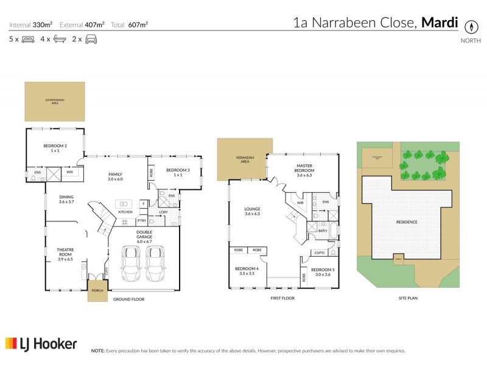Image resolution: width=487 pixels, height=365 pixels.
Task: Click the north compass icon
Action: pos(470,27)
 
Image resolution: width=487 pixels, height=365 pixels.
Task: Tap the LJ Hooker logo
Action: pos(41,344)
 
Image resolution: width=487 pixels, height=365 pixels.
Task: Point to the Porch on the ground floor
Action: pos(96,290)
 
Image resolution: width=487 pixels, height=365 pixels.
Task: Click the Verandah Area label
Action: pos(242,161)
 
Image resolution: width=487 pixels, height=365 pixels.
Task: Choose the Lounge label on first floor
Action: pos(252,211)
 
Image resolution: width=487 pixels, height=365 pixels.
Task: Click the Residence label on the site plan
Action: pos(407,222)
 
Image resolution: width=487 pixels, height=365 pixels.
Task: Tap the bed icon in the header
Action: pos(28,40)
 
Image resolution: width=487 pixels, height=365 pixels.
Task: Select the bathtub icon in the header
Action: pos(59,40)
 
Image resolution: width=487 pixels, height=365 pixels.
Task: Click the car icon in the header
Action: pos(91,40)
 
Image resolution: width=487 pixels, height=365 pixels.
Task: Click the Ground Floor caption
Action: pos(128,299)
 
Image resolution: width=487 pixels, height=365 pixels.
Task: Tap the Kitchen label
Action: pos(125,212)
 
